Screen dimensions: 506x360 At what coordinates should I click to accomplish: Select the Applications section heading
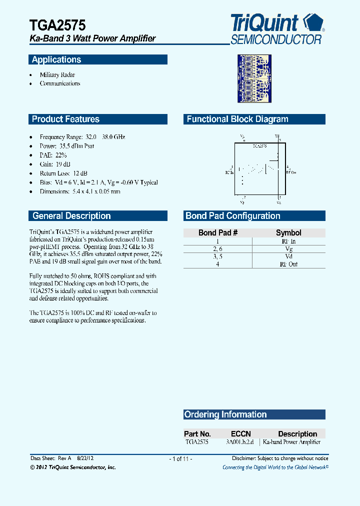56,60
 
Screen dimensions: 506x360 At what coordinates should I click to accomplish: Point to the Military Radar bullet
57,74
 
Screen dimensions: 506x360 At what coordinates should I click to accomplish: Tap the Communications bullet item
60,83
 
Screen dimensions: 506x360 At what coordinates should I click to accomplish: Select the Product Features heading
65,119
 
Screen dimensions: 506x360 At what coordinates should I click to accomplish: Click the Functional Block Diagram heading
237,119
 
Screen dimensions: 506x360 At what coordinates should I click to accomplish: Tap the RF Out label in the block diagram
291,172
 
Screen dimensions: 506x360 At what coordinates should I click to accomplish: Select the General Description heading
71,216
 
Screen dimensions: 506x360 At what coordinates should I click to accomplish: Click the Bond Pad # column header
218,232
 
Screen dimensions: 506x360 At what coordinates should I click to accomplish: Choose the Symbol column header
288,232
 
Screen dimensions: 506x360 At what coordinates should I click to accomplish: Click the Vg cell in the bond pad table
288,248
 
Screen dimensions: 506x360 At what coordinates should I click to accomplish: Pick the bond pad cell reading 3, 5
218,256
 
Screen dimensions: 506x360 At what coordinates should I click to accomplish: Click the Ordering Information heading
225,414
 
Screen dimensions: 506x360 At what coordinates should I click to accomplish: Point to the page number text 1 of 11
180,458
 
